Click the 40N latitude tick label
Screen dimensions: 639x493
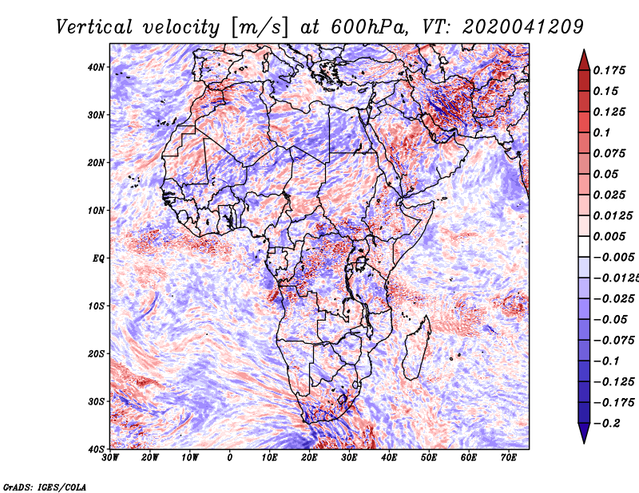[96, 67]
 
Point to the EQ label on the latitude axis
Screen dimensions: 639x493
[98, 258]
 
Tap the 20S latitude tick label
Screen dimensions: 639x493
[96, 353]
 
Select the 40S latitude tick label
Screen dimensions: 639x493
[96, 449]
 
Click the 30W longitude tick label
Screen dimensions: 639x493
[110, 458]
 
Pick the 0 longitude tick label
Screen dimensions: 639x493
[230, 458]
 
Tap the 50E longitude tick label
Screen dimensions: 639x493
[429, 458]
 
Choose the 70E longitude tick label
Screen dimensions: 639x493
[509, 458]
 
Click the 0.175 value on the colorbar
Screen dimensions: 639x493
[609, 70]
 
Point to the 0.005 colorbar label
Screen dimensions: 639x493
[609, 236]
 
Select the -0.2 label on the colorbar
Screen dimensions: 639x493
[606, 424]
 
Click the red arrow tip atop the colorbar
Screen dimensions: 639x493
[584, 50]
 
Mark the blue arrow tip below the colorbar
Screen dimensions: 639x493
[584, 443]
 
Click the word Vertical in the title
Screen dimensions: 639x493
[94, 27]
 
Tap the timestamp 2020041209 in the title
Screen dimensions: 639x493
[522, 27]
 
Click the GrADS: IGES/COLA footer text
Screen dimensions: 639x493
[45, 487]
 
